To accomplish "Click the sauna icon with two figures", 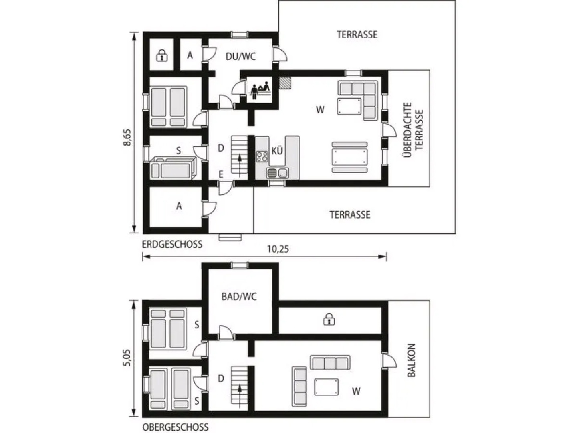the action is coord(260,90).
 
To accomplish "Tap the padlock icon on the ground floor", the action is coord(162,55).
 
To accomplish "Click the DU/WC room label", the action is coord(240,56).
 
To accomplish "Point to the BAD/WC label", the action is coord(239,297).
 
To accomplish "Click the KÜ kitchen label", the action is coord(277,151).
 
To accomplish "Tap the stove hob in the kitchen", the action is coord(262,156).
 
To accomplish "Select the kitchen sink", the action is coord(277,173).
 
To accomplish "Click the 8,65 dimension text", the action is coord(127,137).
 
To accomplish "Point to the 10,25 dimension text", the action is coord(278,249).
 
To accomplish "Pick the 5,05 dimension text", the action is coord(127,358).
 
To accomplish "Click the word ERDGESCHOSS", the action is coord(172,244).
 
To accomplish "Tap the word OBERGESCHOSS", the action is coord(176,427).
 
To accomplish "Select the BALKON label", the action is coord(412,360).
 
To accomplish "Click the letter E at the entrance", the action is coord(221,174).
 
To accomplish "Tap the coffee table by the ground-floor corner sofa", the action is coord(349,106).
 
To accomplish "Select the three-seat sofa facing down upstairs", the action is coord(330,363).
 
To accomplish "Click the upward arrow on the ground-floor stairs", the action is coord(240,166).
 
